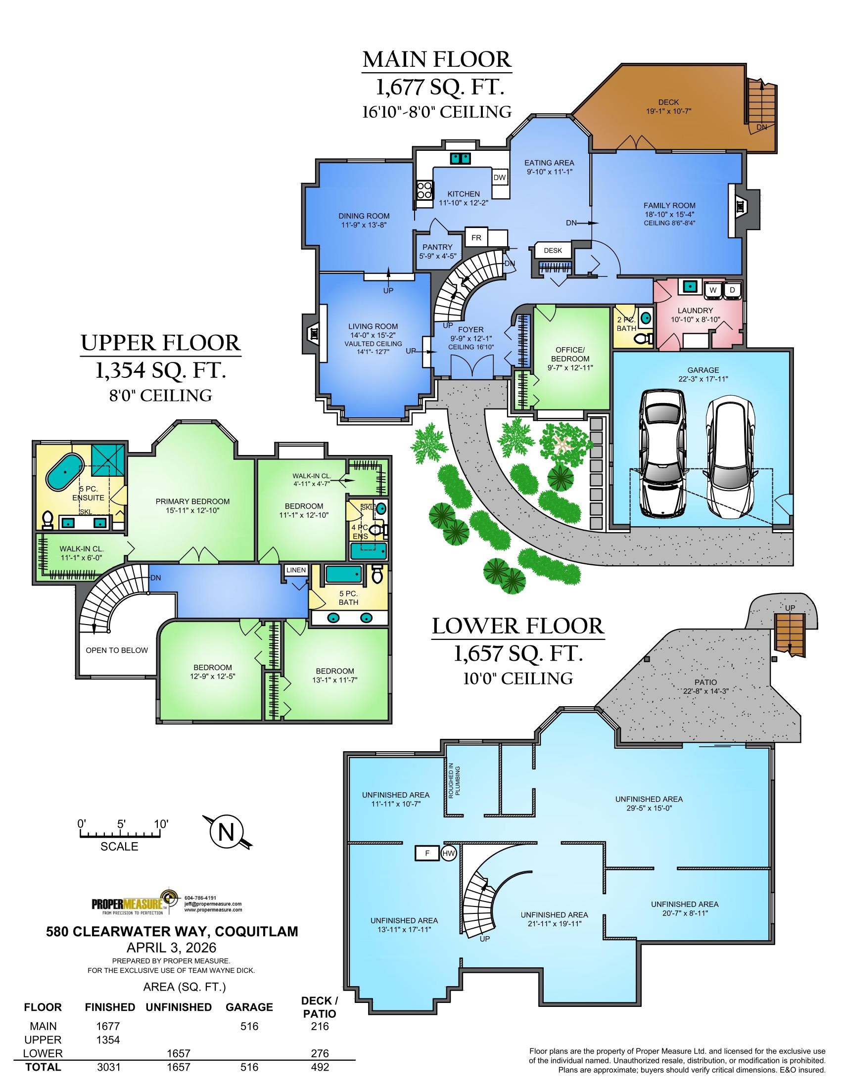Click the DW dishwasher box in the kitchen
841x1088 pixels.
pyautogui.click(x=500, y=178)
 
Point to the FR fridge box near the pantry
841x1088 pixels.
pyautogui.click(x=476, y=237)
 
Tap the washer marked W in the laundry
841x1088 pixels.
pyautogui.click(x=712, y=289)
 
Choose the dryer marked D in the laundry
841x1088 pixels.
pyautogui.click(x=732, y=289)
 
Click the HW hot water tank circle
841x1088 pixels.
pyautogui.click(x=448, y=854)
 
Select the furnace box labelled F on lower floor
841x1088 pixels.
pyautogui.click(x=427, y=854)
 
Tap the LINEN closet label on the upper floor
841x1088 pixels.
pyautogui.click(x=296, y=570)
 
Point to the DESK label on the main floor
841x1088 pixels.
pyautogui.click(x=553, y=250)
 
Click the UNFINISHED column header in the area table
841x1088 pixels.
pyautogui.click(x=179, y=1007)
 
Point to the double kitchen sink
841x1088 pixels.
pyautogui.click(x=461, y=158)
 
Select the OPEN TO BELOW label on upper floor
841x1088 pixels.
pyautogui.click(x=117, y=650)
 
